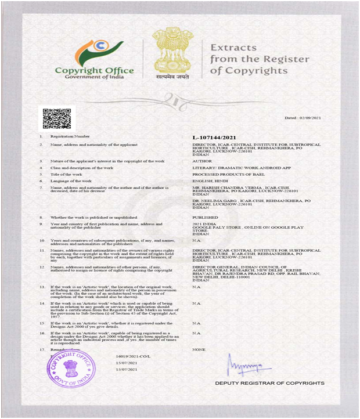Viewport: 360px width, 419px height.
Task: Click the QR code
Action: tap(56, 118)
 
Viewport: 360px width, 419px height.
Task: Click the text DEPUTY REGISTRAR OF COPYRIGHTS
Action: tap(269, 384)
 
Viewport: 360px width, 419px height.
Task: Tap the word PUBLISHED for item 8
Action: tap(205, 217)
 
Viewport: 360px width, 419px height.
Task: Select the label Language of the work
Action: tap(72, 180)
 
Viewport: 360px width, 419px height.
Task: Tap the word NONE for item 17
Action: tap(199, 350)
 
